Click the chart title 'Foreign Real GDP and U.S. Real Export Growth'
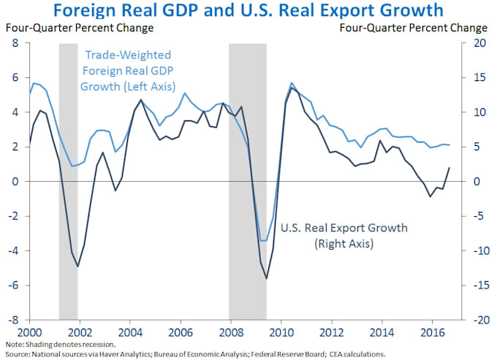248,10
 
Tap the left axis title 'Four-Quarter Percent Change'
80,28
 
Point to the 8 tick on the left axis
15,43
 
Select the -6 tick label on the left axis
12,286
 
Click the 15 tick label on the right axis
479,77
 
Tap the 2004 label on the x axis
130,332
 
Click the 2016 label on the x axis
433,332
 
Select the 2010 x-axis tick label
281,332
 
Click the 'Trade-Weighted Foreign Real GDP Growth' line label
128,71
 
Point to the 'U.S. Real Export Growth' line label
344,236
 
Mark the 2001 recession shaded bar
69,181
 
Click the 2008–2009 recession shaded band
248,181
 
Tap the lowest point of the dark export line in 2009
267,279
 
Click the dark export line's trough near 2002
77,267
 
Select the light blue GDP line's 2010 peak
292,83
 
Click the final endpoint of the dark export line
449,167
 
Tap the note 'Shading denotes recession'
70,345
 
